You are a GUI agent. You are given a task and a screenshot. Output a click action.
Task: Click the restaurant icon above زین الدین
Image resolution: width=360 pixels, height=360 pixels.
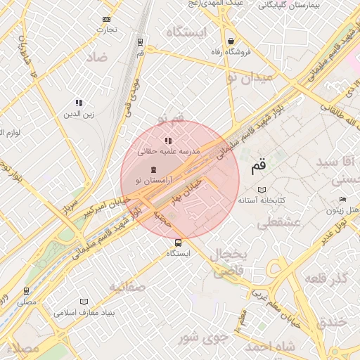79,103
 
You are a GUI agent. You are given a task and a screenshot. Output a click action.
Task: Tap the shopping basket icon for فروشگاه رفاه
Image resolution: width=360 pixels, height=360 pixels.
231,41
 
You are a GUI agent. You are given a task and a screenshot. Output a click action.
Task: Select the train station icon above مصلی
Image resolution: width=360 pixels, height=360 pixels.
26,290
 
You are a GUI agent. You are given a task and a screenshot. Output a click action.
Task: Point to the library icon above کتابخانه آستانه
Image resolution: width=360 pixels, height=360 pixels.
262,190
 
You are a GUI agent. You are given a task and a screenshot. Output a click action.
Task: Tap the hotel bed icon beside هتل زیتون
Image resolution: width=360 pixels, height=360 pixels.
335,210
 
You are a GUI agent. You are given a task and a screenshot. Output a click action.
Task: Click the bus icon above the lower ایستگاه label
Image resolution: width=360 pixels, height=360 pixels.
177,243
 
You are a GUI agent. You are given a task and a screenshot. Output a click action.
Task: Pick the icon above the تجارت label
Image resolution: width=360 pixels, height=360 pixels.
106,19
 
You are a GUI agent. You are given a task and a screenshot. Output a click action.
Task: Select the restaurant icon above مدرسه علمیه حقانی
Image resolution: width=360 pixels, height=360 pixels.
168,141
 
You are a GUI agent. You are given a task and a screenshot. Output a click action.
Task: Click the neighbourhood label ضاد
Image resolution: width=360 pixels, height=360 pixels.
98,57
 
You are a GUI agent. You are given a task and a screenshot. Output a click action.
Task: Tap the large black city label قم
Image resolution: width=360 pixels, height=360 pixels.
258,167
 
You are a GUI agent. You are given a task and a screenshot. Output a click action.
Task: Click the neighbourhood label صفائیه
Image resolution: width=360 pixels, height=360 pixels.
127,287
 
